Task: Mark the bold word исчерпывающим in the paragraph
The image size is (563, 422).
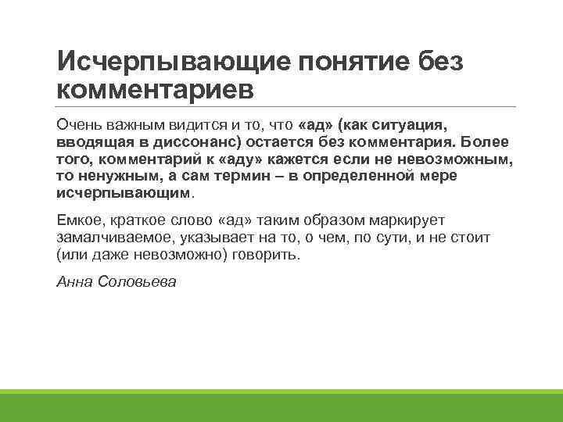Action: coord(124,192)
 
